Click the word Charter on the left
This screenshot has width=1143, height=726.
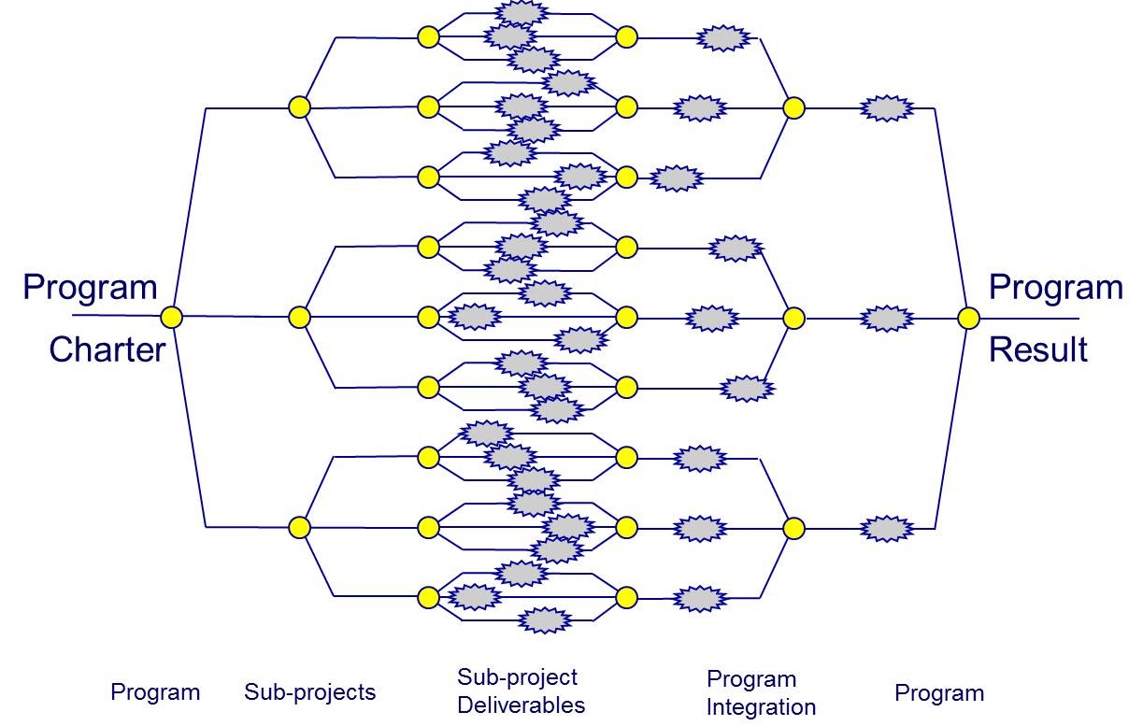click(107, 350)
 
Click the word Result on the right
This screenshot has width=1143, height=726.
click(1038, 350)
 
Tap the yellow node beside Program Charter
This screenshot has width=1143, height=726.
click(171, 317)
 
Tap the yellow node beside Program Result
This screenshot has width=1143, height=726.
click(968, 319)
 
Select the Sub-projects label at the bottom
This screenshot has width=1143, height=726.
click(309, 692)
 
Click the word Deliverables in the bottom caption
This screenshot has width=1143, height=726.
click(521, 705)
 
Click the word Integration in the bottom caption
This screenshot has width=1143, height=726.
click(762, 707)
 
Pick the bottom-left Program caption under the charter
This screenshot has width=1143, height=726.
click(155, 693)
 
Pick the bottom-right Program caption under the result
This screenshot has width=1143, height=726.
click(939, 693)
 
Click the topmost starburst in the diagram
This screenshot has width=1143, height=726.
click(521, 12)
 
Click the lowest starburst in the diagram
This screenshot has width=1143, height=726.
click(545, 620)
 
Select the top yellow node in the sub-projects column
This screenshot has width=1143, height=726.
click(299, 107)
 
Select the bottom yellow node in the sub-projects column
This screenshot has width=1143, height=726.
click(299, 527)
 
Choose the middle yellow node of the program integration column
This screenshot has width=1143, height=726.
click(794, 319)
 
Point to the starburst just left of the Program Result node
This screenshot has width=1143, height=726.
click(887, 319)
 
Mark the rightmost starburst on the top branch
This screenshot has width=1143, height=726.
click(887, 108)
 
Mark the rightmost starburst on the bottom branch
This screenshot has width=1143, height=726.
click(887, 529)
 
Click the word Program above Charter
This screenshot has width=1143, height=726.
click(91, 288)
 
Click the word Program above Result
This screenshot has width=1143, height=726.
click(1056, 288)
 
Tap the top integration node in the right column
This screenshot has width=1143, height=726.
click(794, 108)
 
